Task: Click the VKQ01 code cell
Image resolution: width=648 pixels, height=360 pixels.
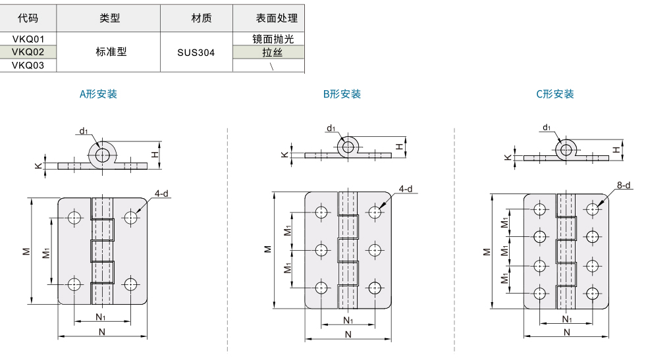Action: click(28, 39)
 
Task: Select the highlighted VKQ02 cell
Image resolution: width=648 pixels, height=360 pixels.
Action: click(28, 52)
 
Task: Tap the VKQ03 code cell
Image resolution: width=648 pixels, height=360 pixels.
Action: click(28, 65)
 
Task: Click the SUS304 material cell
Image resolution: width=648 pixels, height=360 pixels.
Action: click(196, 53)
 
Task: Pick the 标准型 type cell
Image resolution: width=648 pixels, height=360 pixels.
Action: click(111, 52)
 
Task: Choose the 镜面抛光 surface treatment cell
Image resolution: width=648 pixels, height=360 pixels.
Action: click(273, 39)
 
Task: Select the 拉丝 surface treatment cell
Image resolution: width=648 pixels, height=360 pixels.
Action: click(272, 53)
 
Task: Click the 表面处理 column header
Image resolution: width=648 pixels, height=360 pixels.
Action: click(277, 18)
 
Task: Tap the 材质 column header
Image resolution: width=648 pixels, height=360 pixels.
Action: click(202, 18)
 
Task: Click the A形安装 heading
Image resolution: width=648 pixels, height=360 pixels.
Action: click(98, 94)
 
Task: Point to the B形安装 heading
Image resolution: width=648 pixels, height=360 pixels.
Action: click(342, 94)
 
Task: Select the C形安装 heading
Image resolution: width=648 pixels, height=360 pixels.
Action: click(555, 94)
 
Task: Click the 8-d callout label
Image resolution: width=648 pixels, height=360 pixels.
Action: click(624, 185)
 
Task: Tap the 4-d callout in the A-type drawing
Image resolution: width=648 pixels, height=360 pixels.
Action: click(161, 193)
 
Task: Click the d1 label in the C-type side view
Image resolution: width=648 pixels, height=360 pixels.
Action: click(547, 128)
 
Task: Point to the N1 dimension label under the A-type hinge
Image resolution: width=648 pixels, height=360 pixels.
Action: click(100, 317)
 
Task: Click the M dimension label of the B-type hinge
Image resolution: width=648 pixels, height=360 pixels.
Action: click(268, 249)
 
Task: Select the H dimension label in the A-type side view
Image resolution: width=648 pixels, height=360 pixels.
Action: click(155, 155)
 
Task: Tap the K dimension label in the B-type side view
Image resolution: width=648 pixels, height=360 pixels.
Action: click(284, 155)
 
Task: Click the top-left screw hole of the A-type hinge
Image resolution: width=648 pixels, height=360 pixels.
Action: click(75, 217)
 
